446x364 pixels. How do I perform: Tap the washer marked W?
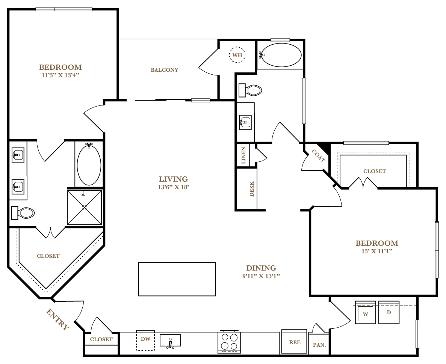(x=366, y=312)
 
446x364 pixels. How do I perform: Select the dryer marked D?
(x=389, y=312)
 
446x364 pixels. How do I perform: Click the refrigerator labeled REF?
(x=294, y=342)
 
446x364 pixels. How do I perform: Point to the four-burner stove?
(x=229, y=342)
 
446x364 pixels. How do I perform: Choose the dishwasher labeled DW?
(x=145, y=340)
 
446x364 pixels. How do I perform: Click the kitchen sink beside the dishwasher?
(x=170, y=341)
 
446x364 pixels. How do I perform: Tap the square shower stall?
(x=85, y=208)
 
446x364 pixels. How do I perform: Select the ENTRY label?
(x=57, y=319)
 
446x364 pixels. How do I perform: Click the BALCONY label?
(x=165, y=70)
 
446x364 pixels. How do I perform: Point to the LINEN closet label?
(x=243, y=155)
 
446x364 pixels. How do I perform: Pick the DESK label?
(x=252, y=189)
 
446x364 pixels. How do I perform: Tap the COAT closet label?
(x=319, y=156)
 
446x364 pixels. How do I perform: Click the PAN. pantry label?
(x=319, y=345)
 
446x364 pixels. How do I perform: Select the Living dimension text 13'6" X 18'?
(x=174, y=187)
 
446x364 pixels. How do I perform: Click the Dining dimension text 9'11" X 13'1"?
(x=261, y=276)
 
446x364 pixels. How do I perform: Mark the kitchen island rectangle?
(x=177, y=279)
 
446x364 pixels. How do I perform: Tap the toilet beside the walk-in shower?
(x=23, y=213)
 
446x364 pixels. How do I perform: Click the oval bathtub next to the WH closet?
(x=281, y=55)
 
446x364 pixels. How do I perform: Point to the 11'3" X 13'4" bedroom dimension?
(x=60, y=75)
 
